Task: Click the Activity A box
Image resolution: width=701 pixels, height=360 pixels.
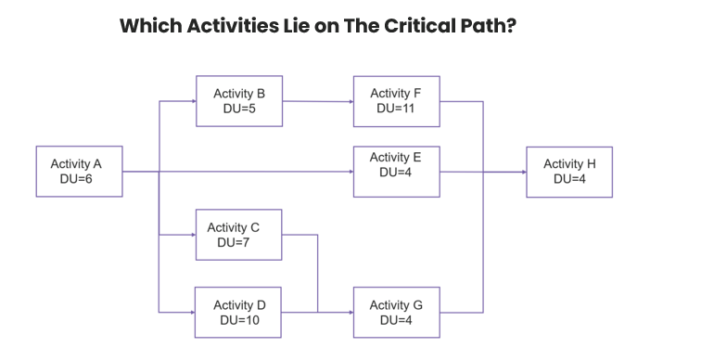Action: tap(79, 172)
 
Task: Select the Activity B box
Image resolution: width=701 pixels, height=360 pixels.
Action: tap(239, 100)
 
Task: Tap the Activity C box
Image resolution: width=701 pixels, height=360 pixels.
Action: tap(239, 235)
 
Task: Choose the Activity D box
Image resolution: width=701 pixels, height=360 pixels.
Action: tap(239, 312)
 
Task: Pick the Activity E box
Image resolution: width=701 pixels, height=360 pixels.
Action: tap(396, 172)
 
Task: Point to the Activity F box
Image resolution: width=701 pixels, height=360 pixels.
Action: tap(396, 100)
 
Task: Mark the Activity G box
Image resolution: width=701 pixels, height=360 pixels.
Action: tap(396, 312)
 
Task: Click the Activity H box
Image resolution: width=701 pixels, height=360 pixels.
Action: tap(569, 172)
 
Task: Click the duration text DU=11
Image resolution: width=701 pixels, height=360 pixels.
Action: tap(396, 109)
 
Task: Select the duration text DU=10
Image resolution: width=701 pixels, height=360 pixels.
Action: tap(239, 320)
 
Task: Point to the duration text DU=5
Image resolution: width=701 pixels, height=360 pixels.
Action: tap(239, 109)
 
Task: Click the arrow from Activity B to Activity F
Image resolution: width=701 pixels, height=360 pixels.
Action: tap(317, 100)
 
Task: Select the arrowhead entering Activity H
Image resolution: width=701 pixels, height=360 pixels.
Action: tap(522, 172)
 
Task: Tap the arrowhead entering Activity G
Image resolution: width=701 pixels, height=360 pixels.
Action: tap(350, 312)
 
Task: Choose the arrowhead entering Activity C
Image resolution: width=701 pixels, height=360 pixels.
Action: tap(192, 235)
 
